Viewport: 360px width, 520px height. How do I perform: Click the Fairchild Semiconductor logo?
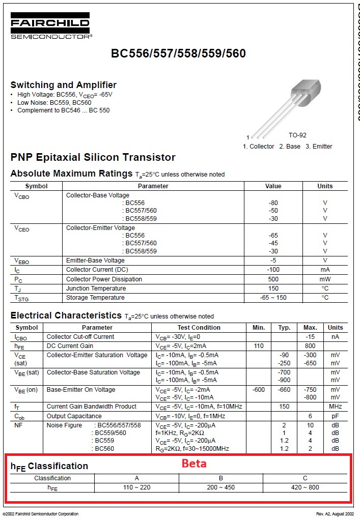tap(50, 26)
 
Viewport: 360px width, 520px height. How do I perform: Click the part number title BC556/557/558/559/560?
tap(178, 54)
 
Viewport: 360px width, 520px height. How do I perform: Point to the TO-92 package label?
tap(297, 135)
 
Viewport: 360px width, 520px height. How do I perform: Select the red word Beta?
tap(194, 464)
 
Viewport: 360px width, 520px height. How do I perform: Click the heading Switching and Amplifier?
tap(64, 85)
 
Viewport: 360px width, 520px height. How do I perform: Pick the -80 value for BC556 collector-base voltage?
tap(273, 203)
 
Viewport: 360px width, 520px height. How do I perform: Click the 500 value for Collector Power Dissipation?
tap(273, 279)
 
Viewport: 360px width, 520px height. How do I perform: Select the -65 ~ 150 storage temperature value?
tap(273, 298)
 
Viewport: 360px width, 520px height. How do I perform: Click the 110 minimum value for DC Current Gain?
tap(259, 346)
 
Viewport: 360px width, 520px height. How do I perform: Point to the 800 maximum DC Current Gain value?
tap(310, 346)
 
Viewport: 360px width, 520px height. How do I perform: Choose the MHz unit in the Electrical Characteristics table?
tap(335, 407)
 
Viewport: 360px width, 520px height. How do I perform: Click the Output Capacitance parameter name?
tap(74, 416)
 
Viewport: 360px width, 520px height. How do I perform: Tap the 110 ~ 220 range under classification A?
tap(136, 487)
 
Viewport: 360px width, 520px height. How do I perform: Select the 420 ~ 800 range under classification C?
tap(304, 487)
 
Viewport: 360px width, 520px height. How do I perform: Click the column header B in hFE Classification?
tap(220, 478)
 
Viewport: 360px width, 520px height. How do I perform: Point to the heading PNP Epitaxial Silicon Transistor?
tap(93, 157)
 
